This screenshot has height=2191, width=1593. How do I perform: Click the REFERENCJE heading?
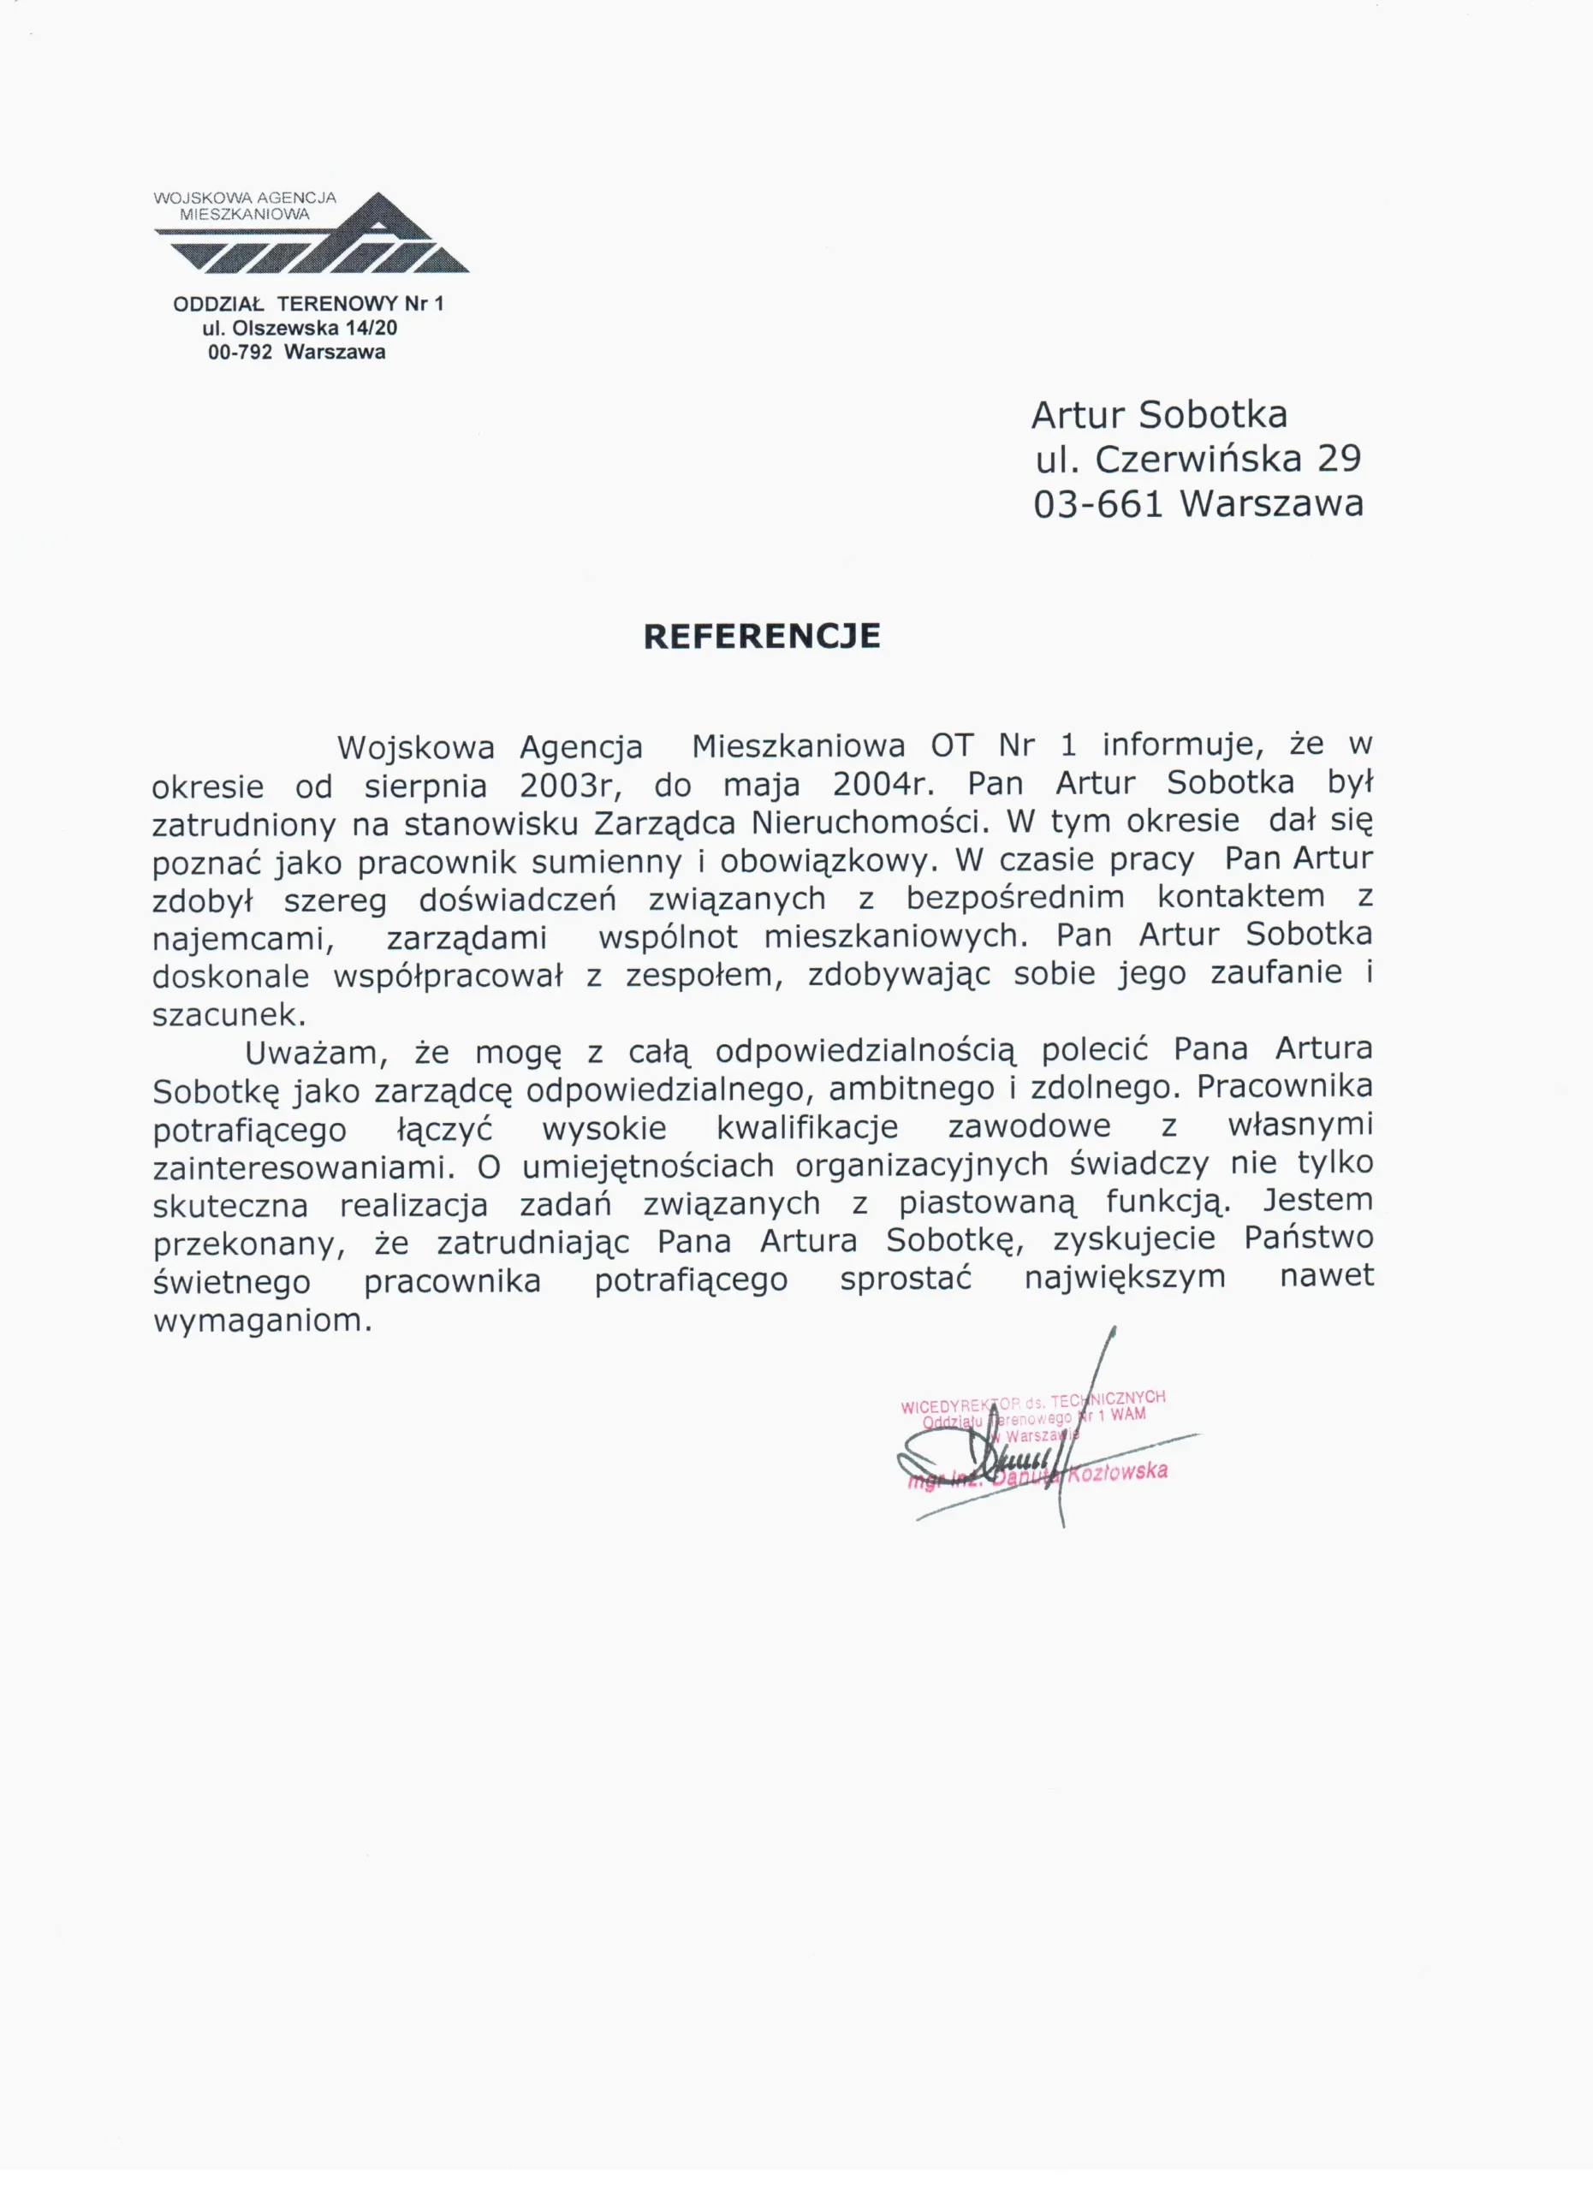click(x=761, y=637)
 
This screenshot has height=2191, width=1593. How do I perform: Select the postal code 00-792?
click(x=240, y=353)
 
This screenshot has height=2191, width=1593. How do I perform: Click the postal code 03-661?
click(x=1097, y=504)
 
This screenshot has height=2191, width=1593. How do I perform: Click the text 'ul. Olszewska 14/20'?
click(x=300, y=329)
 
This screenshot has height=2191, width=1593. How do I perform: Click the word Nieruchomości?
click(x=871, y=822)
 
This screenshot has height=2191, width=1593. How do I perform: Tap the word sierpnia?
click(x=426, y=786)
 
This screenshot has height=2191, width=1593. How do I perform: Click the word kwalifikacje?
click(x=806, y=1127)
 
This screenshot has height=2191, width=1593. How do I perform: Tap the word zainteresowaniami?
click(x=303, y=1167)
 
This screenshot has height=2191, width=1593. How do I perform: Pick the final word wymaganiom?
click(x=262, y=1321)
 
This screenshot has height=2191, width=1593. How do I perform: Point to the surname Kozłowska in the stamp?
click(x=1120, y=1472)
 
